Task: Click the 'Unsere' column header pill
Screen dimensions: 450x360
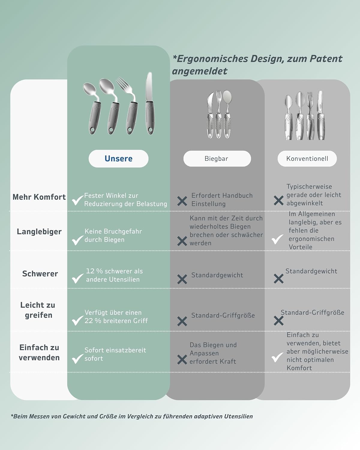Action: point(118,159)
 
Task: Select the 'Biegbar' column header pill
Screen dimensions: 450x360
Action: point(217,159)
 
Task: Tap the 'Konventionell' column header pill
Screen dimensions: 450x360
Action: point(307,159)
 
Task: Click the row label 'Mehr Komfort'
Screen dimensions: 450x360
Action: point(39,197)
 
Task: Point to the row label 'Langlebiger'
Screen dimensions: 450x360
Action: point(39,232)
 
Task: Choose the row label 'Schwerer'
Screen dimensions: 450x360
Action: point(40,274)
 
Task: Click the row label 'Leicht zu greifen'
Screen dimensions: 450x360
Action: point(38,310)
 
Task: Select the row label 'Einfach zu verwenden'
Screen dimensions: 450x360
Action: point(39,352)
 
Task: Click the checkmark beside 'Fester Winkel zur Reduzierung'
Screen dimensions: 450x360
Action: point(77,200)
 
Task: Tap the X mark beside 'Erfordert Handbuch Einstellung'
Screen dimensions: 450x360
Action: point(182,201)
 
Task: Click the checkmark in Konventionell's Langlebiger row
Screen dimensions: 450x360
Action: point(277,239)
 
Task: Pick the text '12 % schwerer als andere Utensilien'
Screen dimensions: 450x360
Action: point(114,275)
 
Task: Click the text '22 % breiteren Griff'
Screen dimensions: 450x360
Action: point(116,321)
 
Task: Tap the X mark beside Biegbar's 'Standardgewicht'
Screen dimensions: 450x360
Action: point(182,279)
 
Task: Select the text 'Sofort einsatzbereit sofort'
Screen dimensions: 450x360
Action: point(115,354)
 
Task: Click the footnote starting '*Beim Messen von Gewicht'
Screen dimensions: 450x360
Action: point(132,416)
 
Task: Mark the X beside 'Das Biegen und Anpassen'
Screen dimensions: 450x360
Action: point(182,359)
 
